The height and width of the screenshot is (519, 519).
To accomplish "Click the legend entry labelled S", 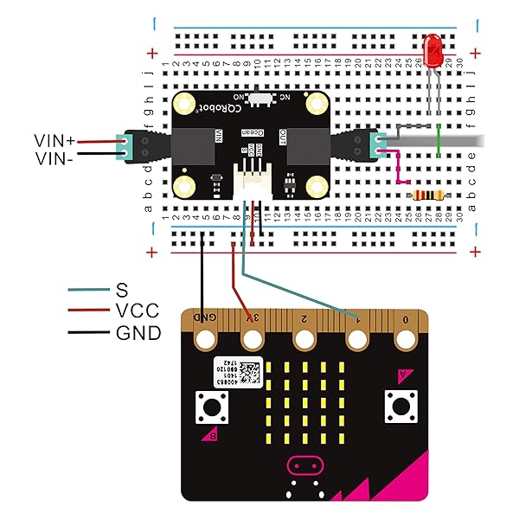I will coord(122,290).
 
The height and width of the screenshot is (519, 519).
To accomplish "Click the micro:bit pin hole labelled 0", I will coord(407,340).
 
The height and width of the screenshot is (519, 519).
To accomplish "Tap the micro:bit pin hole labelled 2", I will coord(304,340).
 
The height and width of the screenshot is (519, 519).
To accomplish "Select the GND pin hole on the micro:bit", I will coord(205,340).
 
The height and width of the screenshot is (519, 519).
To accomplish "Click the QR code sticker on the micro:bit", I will coord(249,373).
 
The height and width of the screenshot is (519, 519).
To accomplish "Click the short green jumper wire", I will coord(439,140).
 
